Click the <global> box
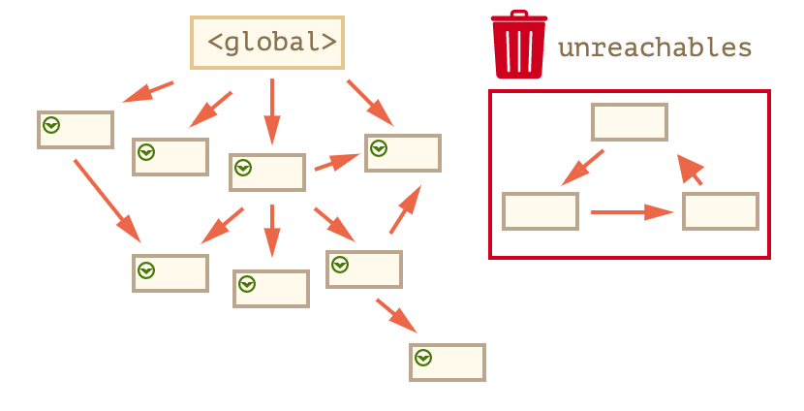pyautogui.click(x=267, y=43)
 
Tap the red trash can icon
pyautogui.click(x=519, y=45)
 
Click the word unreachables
pyautogui.click(x=655, y=47)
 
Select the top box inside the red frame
pyautogui.click(x=630, y=122)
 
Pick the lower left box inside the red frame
pyautogui.click(x=541, y=211)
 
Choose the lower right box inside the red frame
pyautogui.click(x=721, y=211)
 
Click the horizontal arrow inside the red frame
pyautogui.click(x=631, y=211)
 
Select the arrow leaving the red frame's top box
pyautogui.click(x=583, y=167)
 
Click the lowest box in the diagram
pyautogui.click(x=448, y=362)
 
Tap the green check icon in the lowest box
pyautogui.click(x=422, y=359)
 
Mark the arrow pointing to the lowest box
pyautogui.click(x=396, y=316)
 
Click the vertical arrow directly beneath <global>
pyautogui.click(x=272, y=111)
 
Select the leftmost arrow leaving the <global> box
pyautogui.click(x=148, y=91)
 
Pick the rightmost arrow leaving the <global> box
pyautogui.click(x=370, y=102)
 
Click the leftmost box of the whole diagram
pyautogui.click(x=76, y=130)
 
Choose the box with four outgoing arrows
pyautogui.click(x=267, y=172)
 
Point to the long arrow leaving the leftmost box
pyautogui.click(x=107, y=201)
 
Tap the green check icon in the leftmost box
pyautogui.click(x=50, y=125)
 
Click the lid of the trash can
pyautogui.click(x=519, y=17)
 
